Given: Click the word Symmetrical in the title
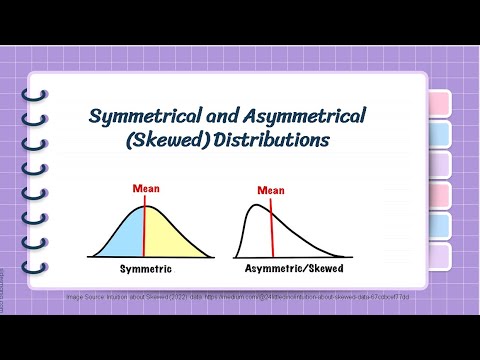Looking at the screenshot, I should [x=146, y=117].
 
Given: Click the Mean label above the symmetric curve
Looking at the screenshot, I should [x=145, y=187].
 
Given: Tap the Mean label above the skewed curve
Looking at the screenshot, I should [x=270, y=190].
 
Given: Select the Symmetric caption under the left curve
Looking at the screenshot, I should [x=145, y=270].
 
